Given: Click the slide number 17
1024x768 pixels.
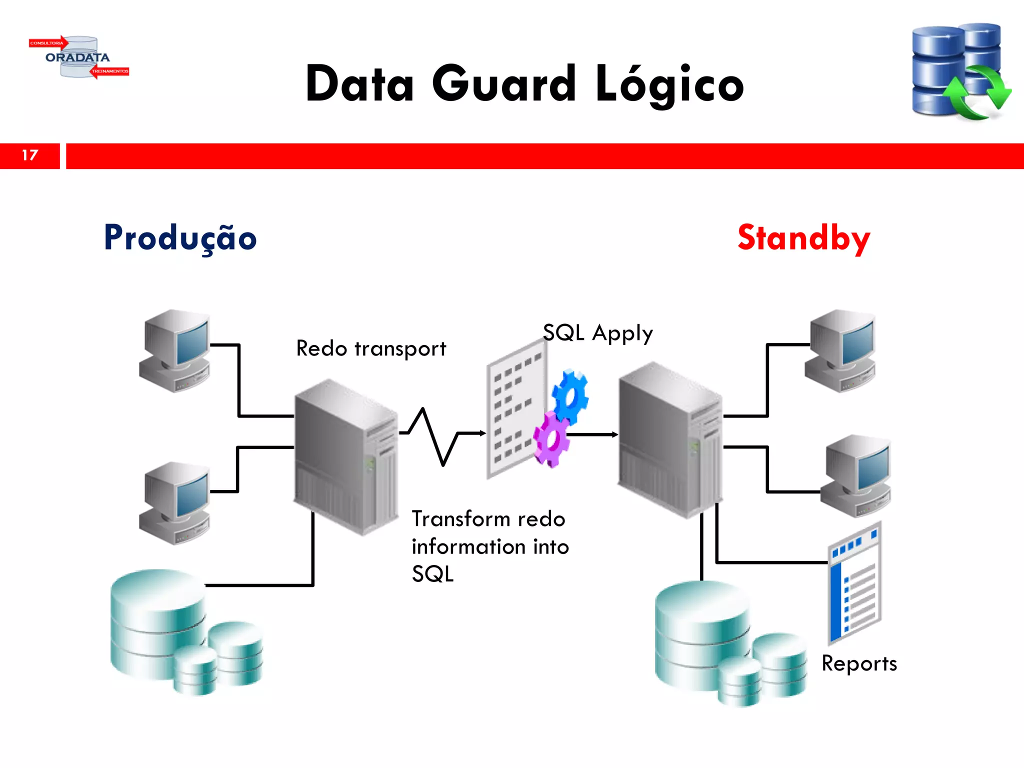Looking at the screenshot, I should coord(30,155).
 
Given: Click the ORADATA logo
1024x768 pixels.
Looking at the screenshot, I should coord(78,57).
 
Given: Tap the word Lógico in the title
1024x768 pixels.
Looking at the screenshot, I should coord(669,85).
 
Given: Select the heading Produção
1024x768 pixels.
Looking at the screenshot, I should coord(180,238).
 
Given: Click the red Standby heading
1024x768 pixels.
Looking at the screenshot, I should coord(803,238).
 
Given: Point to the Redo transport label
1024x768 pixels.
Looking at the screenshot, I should coord(371,348).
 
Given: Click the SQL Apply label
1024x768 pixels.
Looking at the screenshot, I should coord(597,333).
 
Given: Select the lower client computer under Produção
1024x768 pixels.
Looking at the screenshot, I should coord(175,503).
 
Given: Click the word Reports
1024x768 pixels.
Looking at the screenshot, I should coord(859,663).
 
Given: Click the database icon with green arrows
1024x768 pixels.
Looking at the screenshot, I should coord(959,71).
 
